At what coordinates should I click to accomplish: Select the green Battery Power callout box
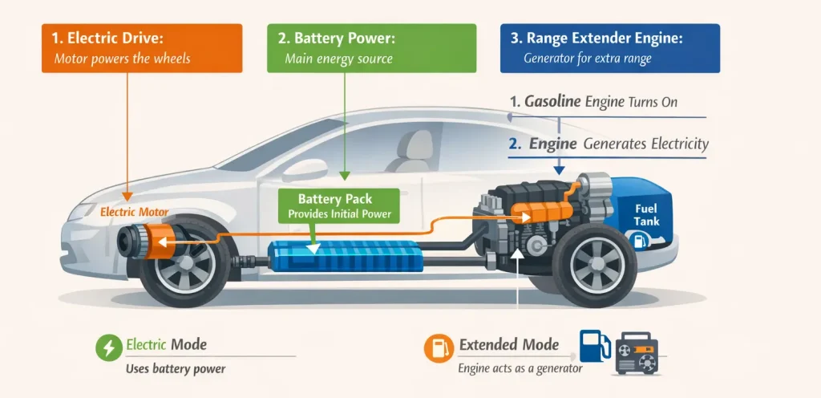pos(371,48)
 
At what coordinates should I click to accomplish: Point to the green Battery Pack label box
pos(335,206)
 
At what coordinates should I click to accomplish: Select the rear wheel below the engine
pos(592,266)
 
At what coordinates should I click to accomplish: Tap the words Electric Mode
pos(167,345)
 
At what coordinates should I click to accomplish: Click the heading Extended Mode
pos(508,345)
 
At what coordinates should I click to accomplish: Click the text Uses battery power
pos(176,369)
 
